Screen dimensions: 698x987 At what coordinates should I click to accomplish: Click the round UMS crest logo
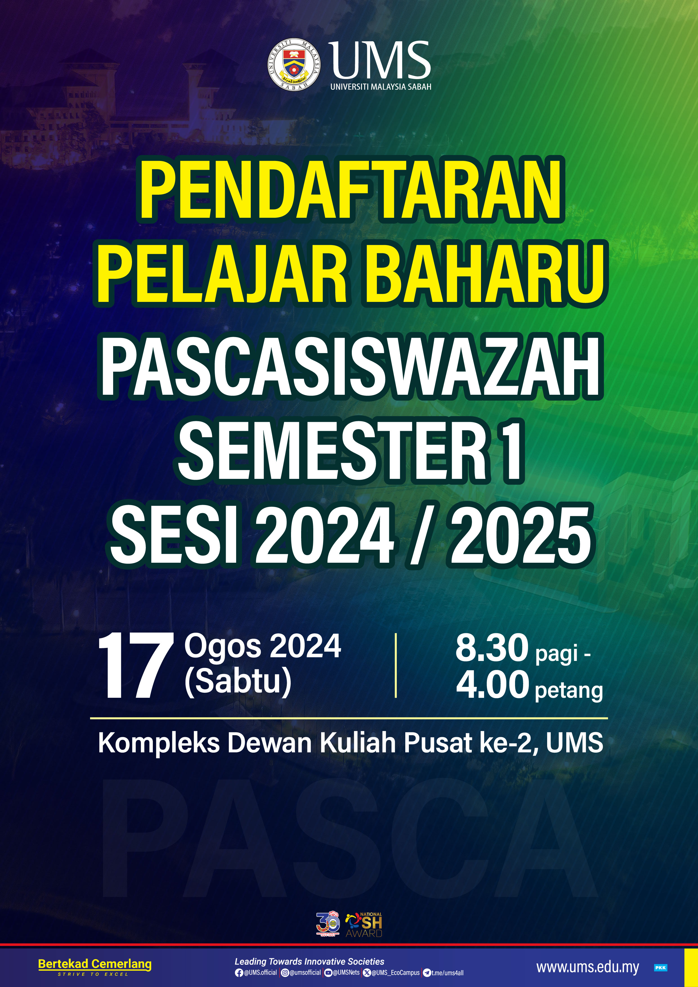(x=294, y=64)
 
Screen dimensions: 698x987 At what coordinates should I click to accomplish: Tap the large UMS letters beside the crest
(x=380, y=60)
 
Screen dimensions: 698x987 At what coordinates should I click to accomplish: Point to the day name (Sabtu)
(x=238, y=681)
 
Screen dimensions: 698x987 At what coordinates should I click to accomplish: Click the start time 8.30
(x=492, y=647)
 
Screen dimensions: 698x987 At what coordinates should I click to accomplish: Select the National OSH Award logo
(x=364, y=925)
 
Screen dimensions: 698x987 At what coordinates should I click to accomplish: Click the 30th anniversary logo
(x=328, y=924)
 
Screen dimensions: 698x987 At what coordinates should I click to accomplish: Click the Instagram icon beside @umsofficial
(x=285, y=972)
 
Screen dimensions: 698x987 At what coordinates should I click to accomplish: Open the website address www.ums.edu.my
(x=587, y=968)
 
